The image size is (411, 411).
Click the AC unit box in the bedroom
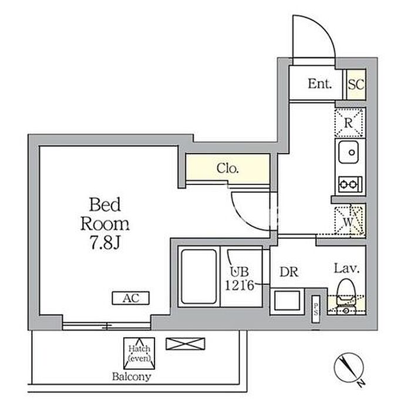pyautogui.click(x=130, y=298)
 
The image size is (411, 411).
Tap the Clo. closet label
pyautogui.click(x=228, y=169)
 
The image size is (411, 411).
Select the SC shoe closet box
pyautogui.click(x=356, y=85)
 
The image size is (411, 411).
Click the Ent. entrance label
pyautogui.click(x=320, y=84)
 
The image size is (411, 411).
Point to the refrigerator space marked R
pyautogui.click(x=349, y=123)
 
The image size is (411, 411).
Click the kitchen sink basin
pyautogui.click(x=348, y=152)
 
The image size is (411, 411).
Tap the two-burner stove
pyautogui.click(x=350, y=184)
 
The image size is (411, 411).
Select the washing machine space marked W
pyautogui.click(x=349, y=220)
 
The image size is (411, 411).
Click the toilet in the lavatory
pyautogui.click(x=345, y=297)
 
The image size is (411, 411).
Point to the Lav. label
pyautogui.click(x=346, y=269)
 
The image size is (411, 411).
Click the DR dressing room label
pyautogui.click(x=289, y=272)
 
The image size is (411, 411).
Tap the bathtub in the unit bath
pyautogui.click(x=199, y=277)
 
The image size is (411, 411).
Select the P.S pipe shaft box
pyautogui.click(x=316, y=309)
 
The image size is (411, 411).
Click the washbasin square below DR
pyautogui.click(x=287, y=301)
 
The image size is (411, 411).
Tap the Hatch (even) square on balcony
pyautogui.click(x=139, y=353)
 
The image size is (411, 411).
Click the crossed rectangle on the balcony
pyautogui.click(x=186, y=343)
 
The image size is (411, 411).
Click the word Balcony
pyautogui.click(x=132, y=377)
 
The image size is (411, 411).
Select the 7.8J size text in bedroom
pyautogui.click(x=105, y=242)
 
